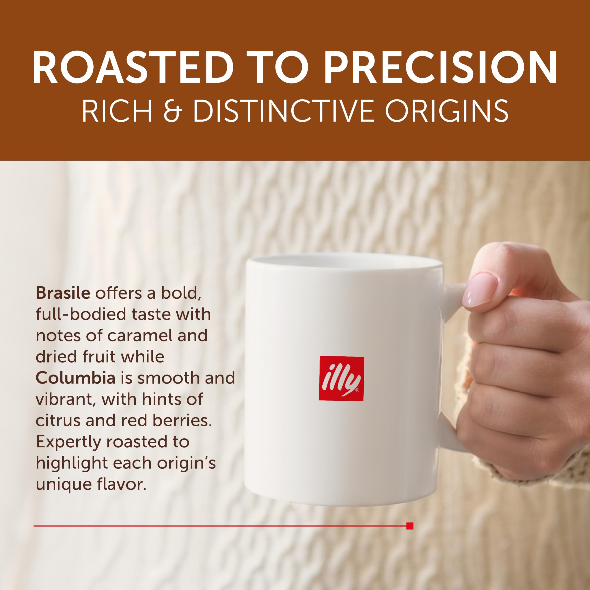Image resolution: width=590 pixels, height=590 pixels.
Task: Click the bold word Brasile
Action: (63, 293)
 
